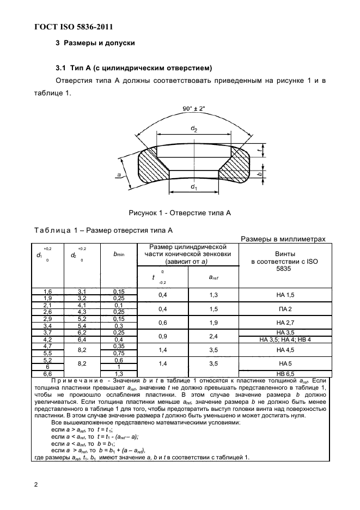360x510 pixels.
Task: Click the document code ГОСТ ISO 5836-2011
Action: [74, 27]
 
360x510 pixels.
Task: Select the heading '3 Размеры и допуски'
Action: [95, 42]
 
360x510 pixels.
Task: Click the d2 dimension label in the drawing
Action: [194, 128]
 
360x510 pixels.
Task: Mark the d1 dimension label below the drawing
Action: [193, 187]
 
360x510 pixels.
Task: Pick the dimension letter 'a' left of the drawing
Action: [118, 174]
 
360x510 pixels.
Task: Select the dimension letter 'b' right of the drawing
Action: [260, 173]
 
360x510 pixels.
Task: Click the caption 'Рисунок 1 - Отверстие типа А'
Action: [180, 213]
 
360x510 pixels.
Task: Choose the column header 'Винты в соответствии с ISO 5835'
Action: [282, 262]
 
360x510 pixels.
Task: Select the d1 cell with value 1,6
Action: [47, 292]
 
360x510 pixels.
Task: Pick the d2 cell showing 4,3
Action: [81, 312]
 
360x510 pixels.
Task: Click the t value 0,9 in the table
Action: [162, 336]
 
